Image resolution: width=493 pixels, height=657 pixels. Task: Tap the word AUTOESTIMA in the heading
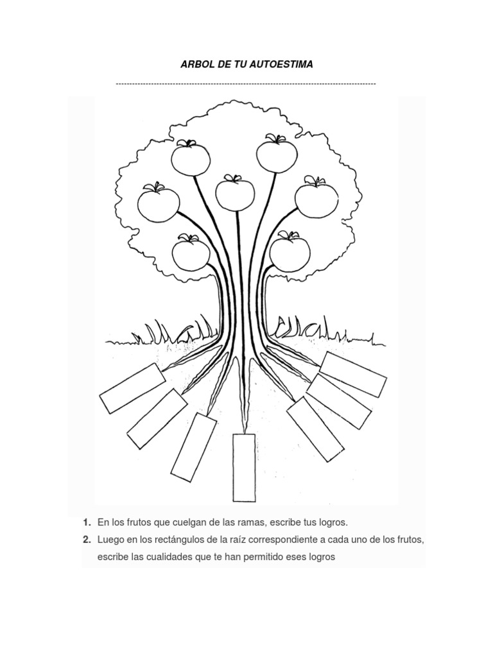[x=283, y=65]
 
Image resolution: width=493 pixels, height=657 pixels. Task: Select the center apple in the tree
[x=235, y=193]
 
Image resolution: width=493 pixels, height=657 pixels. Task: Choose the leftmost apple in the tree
[x=159, y=202]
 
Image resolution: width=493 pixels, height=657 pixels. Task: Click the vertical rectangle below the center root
[x=244, y=467]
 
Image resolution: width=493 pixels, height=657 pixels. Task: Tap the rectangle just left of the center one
[x=194, y=447]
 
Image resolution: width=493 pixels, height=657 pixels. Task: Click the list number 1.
[x=86, y=523]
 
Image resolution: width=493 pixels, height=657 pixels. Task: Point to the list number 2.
[x=86, y=540]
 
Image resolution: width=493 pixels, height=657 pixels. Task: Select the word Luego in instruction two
[x=110, y=540]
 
